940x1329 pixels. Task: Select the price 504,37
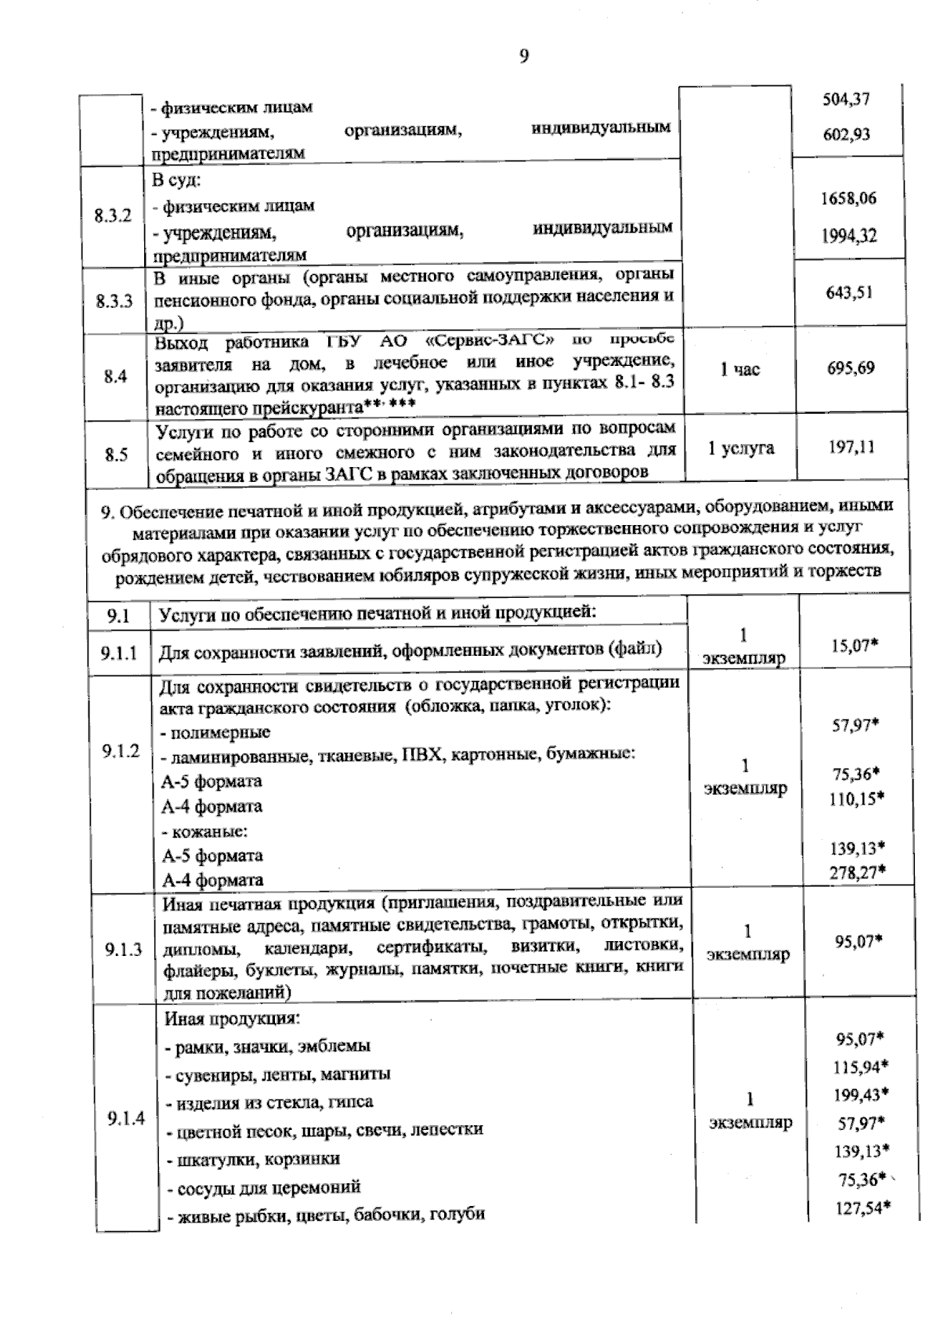click(x=846, y=100)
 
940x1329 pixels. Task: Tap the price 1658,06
click(x=848, y=198)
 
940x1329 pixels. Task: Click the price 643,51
click(x=849, y=293)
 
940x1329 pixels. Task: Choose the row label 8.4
click(x=115, y=377)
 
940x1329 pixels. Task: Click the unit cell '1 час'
click(x=740, y=369)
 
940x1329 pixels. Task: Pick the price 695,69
click(x=851, y=368)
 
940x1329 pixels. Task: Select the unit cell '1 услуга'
click(x=740, y=448)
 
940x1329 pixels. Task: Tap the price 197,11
click(x=851, y=447)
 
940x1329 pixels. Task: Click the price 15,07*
click(x=854, y=646)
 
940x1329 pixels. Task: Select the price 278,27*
click(x=857, y=871)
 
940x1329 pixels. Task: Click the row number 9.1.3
click(x=123, y=950)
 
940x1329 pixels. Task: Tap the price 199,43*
click(x=861, y=1095)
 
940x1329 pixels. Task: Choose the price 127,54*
click(x=862, y=1208)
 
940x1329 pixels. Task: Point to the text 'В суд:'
click(x=176, y=180)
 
